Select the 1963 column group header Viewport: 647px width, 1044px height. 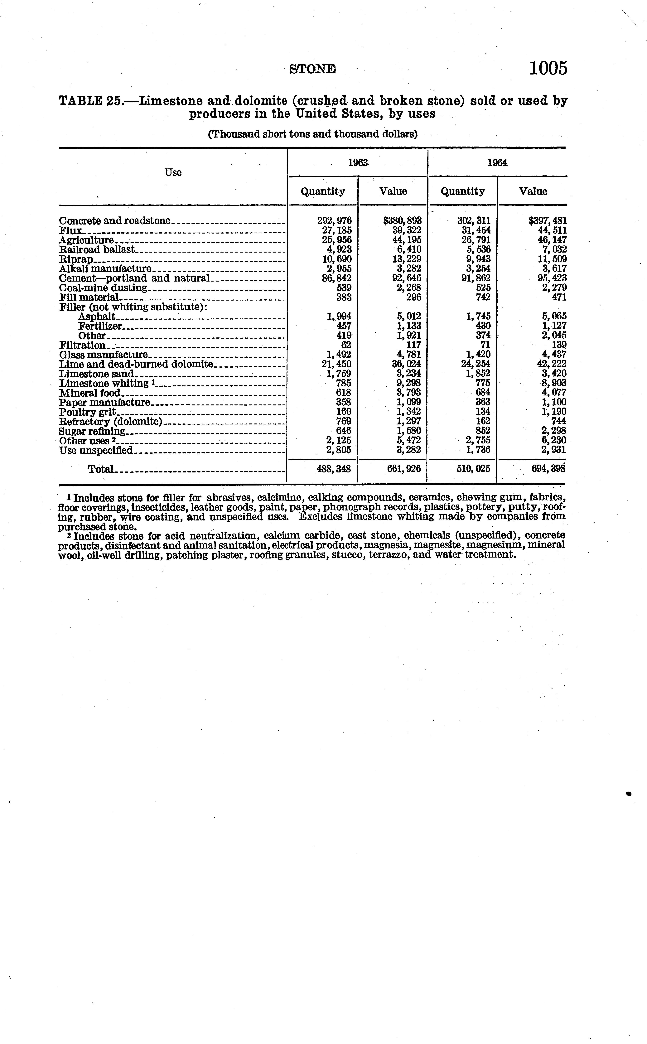click(x=358, y=163)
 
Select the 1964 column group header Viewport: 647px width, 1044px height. click(x=497, y=163)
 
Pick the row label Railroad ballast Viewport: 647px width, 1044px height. click(x=97, y=249)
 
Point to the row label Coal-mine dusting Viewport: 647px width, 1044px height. click(x=103, y=288)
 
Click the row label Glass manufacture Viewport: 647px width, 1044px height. click(x=103, y=355)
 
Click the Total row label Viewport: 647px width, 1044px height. click(x=101, y=469)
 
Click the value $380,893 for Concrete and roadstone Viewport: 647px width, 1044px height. click(x=402, y=221)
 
